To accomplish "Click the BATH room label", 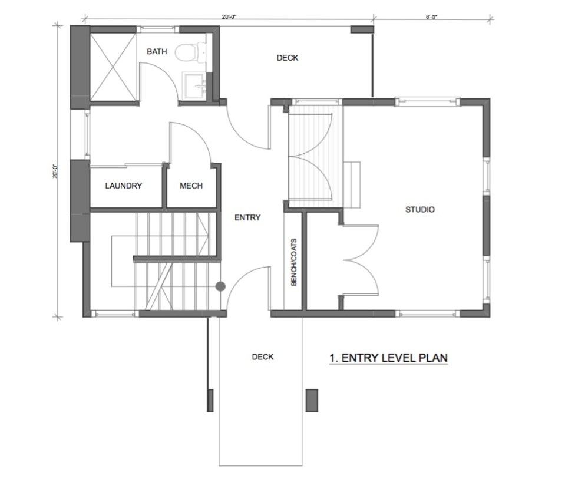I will click(157, 52).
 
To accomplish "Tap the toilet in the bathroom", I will click(187, 52).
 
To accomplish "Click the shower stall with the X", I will click(114, 66).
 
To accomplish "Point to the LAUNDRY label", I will click(124, 186).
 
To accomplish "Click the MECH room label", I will click(191, 186).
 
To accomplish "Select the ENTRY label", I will click(247, 217).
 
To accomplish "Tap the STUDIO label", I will click(420, 209).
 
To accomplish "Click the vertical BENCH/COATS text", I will click(293, 262).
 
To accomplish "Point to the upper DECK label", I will click(288, 58).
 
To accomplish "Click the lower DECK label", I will click(262, 357).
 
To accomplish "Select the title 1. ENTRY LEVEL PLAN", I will click(388, 358).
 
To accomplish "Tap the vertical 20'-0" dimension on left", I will click(55, 171).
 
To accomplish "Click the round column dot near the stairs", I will click(220, 287).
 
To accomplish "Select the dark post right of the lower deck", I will click(312, 400).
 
